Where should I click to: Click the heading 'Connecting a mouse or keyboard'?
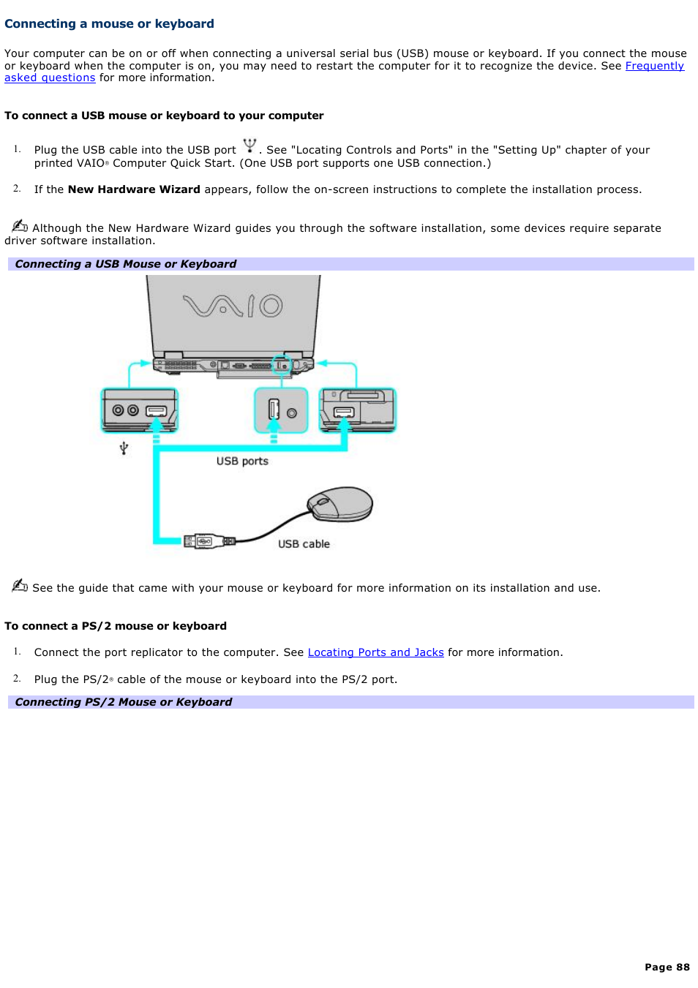(x=109, y=24)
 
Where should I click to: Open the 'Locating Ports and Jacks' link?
(x=375, y=652)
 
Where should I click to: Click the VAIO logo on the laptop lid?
(x=233, y=305)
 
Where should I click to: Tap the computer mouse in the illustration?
(x=340, y=504)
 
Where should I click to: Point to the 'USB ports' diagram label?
(x=242, y=461)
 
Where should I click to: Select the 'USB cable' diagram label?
(x=304, y=544)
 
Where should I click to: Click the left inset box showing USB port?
(x=139, y=410)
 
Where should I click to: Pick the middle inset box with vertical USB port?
(x=281, y=410)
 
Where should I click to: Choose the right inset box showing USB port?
(x=358, y=410)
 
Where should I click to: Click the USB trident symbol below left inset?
(x=124, y=448)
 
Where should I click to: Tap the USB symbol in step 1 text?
(x=249, y=146)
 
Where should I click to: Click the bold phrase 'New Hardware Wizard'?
(x=134, y=189)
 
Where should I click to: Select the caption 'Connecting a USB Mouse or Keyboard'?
(x=126, y=264)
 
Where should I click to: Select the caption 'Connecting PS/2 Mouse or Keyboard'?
(x=124, y=702)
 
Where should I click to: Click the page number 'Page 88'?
(x=667, y=967)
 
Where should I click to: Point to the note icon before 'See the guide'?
(x=20, y=585)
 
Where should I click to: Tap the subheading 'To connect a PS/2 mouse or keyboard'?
(x=116, y=626)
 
